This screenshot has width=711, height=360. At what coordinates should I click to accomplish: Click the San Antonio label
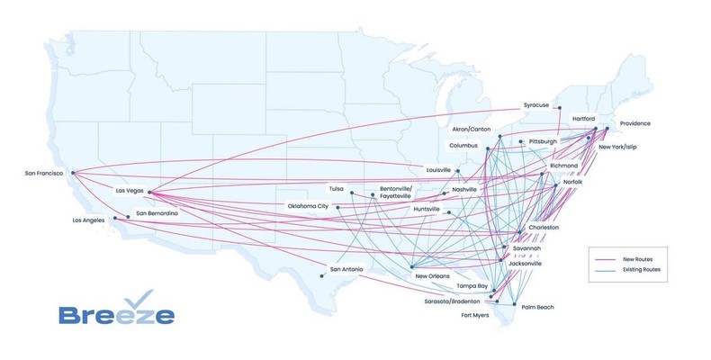tap(348, 269)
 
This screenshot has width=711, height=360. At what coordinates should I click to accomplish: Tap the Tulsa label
tap(337, 189)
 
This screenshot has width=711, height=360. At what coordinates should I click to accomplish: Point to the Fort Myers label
tap(477, 316)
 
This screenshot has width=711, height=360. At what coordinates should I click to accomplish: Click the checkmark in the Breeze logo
tap(136, 299)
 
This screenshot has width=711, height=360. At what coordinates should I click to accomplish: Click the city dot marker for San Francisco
tap(72, 173)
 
